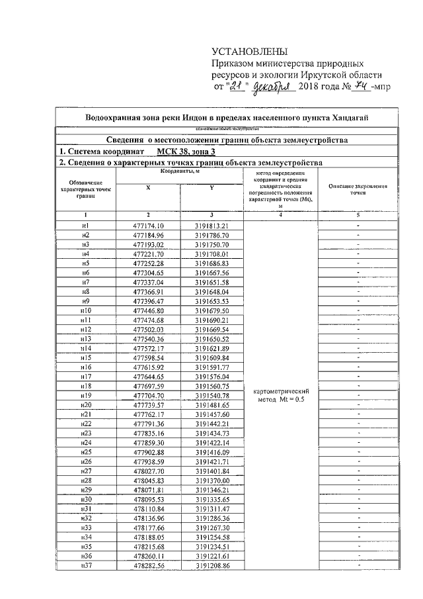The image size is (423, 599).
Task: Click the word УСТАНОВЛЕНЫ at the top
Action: click(250, 52)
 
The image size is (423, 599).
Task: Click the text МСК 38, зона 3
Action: click(144, 151)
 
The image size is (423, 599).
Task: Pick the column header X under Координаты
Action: click(148, 187)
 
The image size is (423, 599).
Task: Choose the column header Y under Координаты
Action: click(211, 187)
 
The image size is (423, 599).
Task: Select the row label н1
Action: click(85, 226)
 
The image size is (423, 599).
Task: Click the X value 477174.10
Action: click(148, 226)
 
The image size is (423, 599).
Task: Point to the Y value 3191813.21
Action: click(211, 226)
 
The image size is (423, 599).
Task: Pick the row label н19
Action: click(85, 395)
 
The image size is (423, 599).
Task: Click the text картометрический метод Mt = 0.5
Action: click(282, 395)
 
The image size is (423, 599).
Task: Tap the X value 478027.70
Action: click(148, 471)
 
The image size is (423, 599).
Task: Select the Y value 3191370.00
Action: click(211, 480)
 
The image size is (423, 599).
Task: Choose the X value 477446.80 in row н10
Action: click(148, 310)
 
